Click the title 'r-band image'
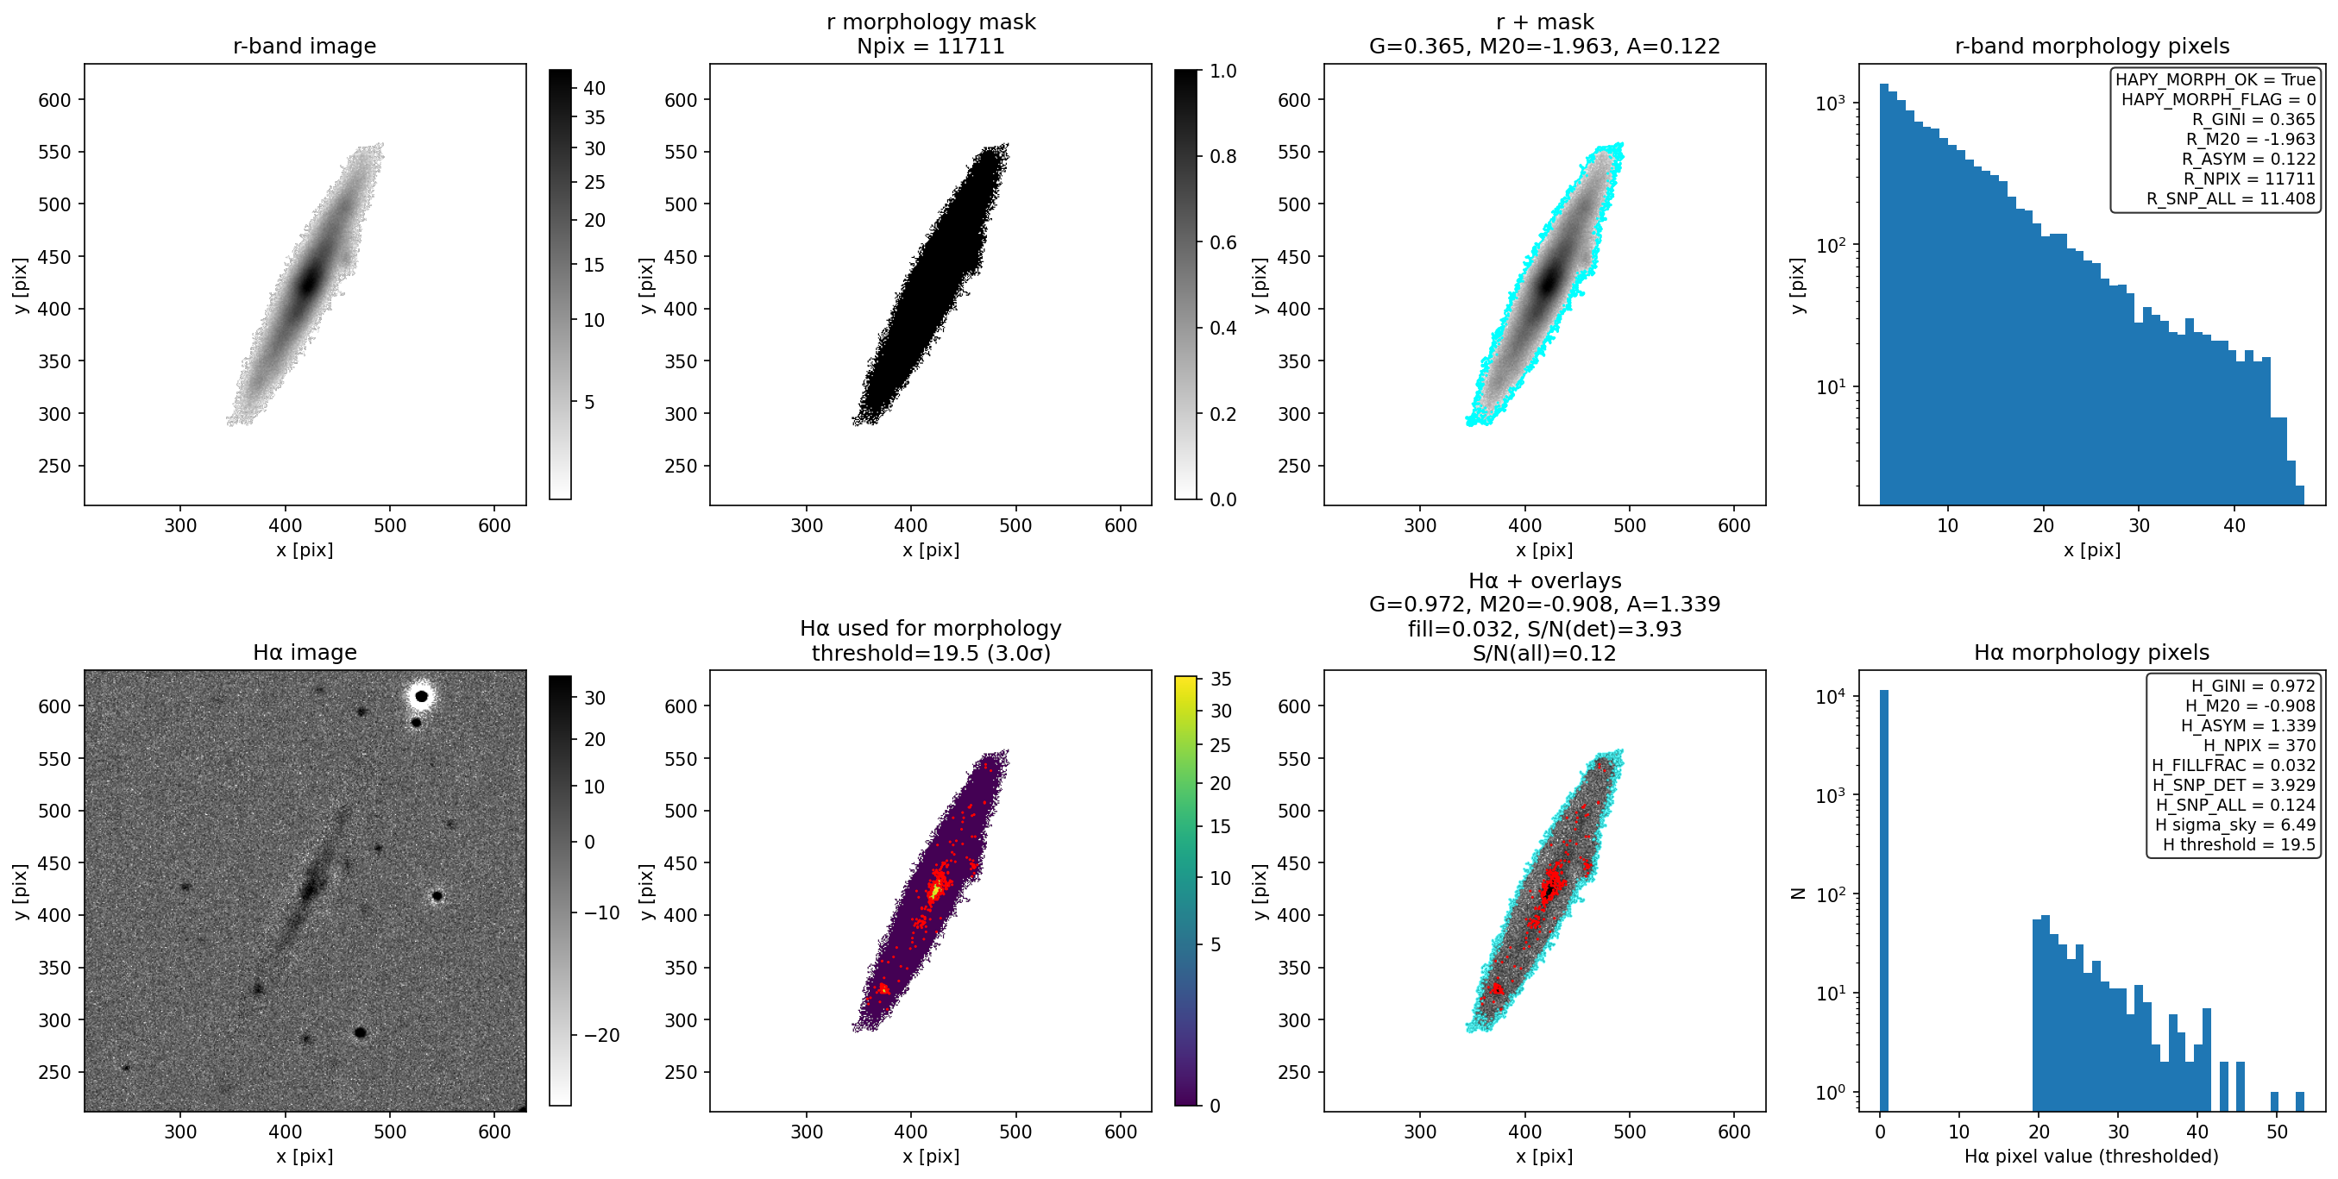pos(304,47)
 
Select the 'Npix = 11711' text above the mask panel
pos(930,47)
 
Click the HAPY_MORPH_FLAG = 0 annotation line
pos(2218,99)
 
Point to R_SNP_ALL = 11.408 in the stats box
pos(2231,198)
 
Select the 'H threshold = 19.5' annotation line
pos(2239,845)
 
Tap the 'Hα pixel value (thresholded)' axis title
pos(2091,1157)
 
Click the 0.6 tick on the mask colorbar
pos(1222,242)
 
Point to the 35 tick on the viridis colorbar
pos(1221,680)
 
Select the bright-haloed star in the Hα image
pos(421,696)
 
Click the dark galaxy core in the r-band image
pos(309,282)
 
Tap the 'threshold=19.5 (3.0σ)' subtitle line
pos(930,654)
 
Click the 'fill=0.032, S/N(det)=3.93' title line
pos(1543,629)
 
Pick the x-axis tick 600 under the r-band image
pos(494,525)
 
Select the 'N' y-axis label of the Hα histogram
pos(1797,894)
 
